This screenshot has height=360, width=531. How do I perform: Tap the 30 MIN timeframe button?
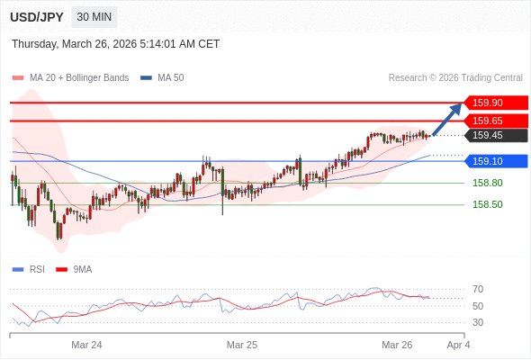tap(94, 17)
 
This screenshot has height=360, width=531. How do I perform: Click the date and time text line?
tap(116, 44)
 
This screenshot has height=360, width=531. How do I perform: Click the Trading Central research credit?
tap(455, 77)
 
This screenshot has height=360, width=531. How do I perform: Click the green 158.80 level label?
tap(487, 183)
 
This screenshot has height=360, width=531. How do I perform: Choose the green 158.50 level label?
tap(487, 204)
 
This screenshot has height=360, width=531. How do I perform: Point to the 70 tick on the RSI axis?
tap(478, 289)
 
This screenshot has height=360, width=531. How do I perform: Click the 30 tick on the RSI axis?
tap(478, 322)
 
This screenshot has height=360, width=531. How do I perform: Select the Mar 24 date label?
tap(86, 345)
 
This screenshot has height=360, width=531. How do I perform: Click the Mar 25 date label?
tap(242, 345)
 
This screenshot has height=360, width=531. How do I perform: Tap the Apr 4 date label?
tap(458, 345)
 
